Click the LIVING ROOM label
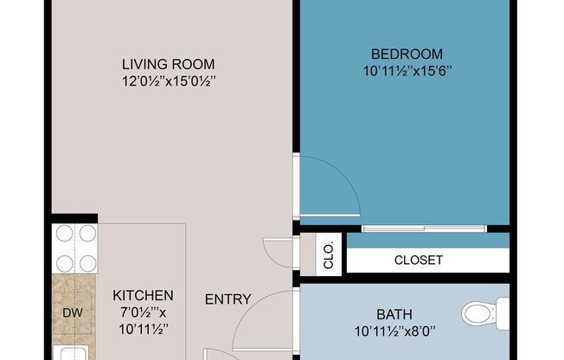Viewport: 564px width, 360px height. click(x=168, y=64)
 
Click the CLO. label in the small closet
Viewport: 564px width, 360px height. click(x=328, y=254)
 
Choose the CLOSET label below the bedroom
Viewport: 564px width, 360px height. click(x=418, y=260)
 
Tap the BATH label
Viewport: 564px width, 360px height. click(x=394, y=314)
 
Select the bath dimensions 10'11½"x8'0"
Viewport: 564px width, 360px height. click(x=394, y=331)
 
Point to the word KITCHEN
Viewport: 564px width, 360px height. click(x=143, y=295)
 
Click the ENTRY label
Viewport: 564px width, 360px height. click(x=228, y=299)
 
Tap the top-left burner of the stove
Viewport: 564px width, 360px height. click(x=64, y=234)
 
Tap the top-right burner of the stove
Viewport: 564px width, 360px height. click(x=87, y=234)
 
